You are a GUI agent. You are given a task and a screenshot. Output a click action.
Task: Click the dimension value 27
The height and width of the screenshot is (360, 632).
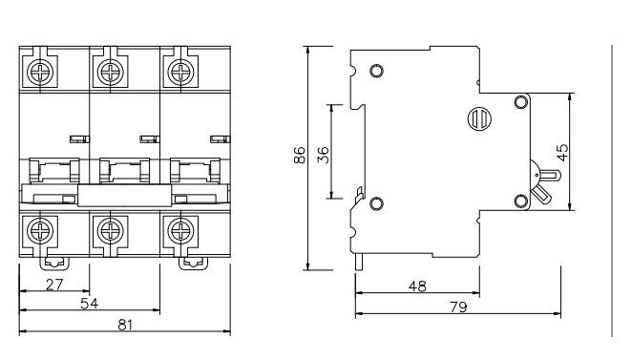pyautogui.click(x=54, y=285)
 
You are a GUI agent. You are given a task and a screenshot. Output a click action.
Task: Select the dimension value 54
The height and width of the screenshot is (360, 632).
pyautogui.click(x=89, y=304)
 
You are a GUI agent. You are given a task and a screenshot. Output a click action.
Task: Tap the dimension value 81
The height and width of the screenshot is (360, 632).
pyautogui.click(x=125, y=325)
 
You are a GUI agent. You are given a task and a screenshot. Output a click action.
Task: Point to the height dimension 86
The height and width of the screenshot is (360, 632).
pyautogui.click(x=300, y=156)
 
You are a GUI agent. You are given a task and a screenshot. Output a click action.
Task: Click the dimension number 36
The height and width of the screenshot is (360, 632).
pyautogui.click(x=323, y=155)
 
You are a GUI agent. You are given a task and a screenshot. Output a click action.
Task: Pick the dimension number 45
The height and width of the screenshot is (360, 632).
pyautogui.click(x=562, y=153)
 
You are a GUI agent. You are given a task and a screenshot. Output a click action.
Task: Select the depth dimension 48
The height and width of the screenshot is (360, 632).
pyautogui.click(x=417, y=286)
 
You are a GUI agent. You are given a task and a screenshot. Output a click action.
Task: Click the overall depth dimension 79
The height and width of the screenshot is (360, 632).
pyautogui.click(x=458, y=307)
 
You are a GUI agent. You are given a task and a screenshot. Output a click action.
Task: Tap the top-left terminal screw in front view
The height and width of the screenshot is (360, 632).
pyautogui.click(x=40, y=73)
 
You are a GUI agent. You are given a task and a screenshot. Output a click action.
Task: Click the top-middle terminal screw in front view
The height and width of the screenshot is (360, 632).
pyautogui.click(x=110, y=73)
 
